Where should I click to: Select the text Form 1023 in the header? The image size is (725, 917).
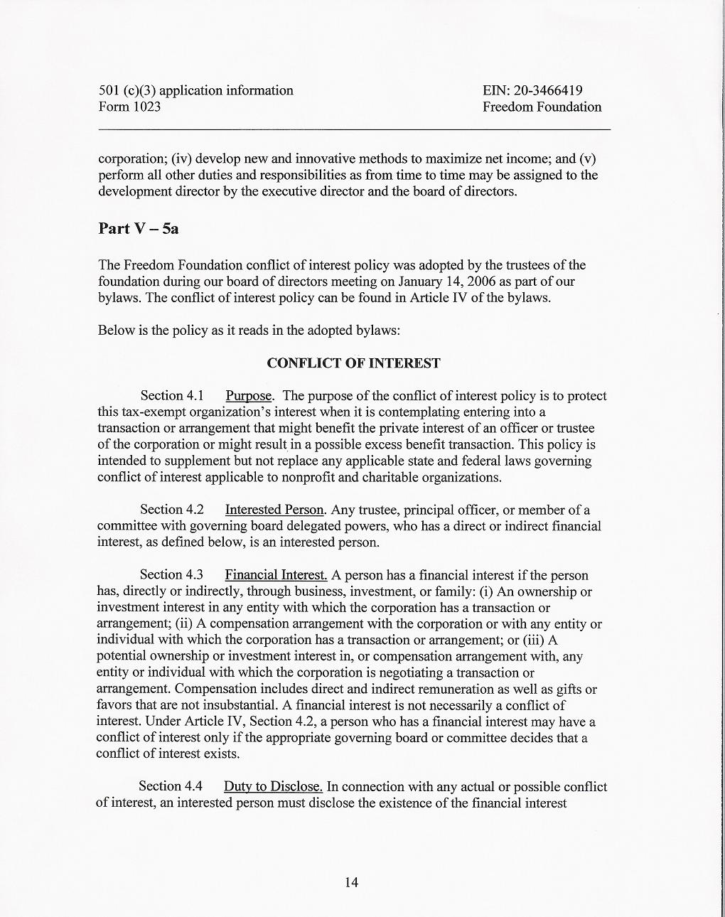click(x=129, y=107)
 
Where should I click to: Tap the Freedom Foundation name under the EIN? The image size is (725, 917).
click(x=542, y=107)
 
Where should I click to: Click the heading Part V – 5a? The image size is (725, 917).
click(x=138, y=228)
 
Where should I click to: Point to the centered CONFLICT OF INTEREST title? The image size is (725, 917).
click(x=353, y=363)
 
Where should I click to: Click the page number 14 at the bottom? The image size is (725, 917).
click(x=351, y=882)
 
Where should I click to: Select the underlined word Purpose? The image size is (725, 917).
click(x=249, y=396)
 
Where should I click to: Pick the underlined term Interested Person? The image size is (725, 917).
click(x=274, y=510)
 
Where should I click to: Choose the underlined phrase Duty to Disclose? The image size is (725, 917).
click(x=273, y=786)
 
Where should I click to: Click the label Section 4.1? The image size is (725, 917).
click(x=172, y=396)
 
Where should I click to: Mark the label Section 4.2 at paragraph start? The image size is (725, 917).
click(x=172, y=510)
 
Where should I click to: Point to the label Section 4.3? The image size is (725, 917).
click(x=171, y=575)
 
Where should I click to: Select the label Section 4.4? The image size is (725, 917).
click(x=171, y=786)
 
